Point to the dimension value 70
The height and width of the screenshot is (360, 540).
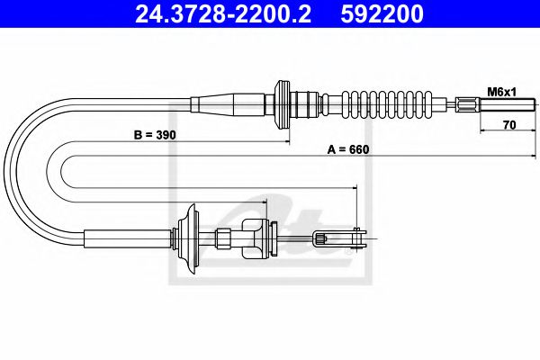point(508,127)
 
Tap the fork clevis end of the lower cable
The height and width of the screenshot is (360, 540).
point(342,238)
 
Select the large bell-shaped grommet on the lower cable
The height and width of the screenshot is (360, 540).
point(190,239)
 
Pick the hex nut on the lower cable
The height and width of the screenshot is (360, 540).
point(223,238)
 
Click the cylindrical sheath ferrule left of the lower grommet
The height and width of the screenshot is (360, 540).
point(126,238)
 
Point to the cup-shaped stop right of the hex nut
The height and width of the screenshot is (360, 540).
point(263,238)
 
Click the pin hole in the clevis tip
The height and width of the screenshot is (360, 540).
point(358,238)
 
